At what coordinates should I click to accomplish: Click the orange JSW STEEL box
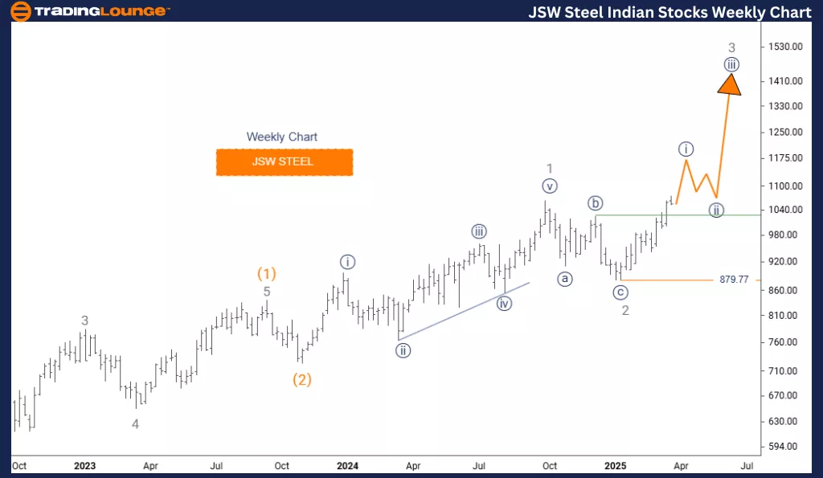[284, 161]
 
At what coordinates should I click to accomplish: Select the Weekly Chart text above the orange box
[281, 137]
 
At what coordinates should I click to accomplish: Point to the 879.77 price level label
[733, 280]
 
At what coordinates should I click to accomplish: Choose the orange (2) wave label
[301, 379]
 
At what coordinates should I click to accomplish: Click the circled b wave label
[596, 202]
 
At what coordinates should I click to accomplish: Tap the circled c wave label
[620, 292]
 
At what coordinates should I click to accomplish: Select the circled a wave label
[566, 279]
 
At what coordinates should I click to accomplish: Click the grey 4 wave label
[135, 423]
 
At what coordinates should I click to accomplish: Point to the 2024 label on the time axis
[347, 466]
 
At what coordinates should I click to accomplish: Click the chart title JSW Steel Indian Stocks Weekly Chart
[669, 12]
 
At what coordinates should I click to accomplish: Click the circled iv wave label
[504, 303]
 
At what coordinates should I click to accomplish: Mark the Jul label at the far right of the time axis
[746, 466]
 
